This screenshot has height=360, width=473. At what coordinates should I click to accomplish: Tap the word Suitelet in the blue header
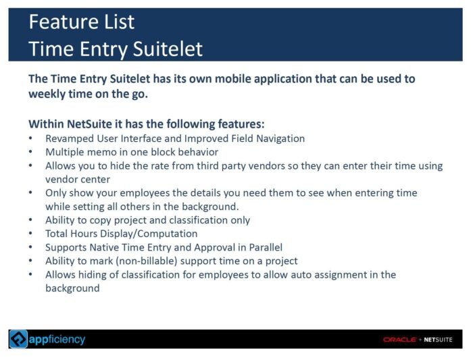click(x=168, y=49)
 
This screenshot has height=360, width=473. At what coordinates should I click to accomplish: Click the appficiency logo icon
click(x=18, y=339)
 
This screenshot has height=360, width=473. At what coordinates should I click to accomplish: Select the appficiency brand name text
click(x=57, y=340)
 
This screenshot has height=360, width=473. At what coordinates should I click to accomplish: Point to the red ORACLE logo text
click(x=400, y=340)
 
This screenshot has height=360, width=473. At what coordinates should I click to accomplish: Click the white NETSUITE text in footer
click(x=438, y=340)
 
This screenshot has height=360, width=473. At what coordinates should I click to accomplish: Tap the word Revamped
click(x=70, y=138)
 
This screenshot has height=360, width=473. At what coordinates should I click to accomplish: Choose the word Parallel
click(x=266, y=247)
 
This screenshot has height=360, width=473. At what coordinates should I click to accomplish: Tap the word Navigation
click(x=280, y=138)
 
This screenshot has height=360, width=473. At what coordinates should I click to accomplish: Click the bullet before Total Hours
click(x=30, y=234)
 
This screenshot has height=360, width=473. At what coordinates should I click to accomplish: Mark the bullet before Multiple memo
click(x=30, y=152)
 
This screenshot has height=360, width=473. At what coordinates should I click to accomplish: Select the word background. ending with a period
click(x=210, y=207)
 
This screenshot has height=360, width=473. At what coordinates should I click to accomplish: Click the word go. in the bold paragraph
click(x=140, y=95)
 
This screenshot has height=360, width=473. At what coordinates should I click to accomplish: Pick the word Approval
click(x=214, y=247)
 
